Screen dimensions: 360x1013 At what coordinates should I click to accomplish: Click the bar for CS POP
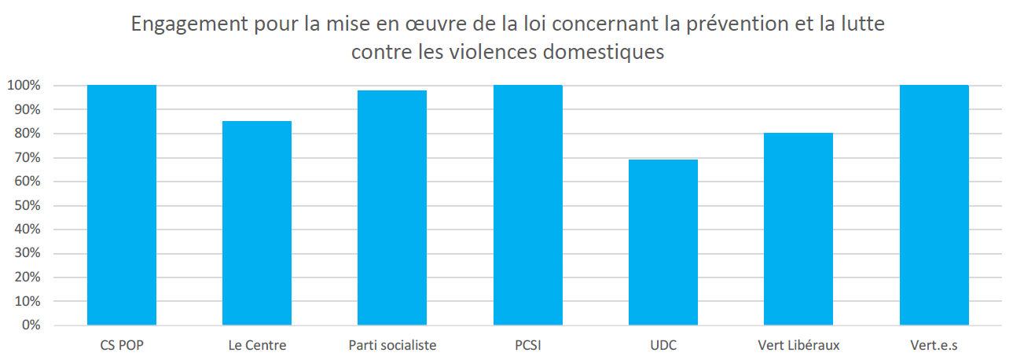(122, 204)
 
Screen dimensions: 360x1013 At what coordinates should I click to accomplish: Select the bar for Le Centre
(257, 223)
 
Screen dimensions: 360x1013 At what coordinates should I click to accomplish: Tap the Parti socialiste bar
(392, 208)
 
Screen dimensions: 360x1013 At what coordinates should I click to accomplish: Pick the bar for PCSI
(528, 204)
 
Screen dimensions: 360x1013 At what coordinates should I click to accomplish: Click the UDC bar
(663, 242)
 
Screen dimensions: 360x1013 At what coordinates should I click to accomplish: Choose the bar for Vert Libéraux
(798, 229)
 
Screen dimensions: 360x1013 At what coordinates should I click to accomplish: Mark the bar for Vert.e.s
(934, 204)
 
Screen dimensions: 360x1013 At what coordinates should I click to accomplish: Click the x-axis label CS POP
(122, 345)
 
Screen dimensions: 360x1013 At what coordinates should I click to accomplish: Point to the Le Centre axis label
(257, 345)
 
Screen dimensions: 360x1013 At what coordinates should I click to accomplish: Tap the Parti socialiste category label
(392, 345)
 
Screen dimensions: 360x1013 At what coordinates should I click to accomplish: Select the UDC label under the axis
(663, 345)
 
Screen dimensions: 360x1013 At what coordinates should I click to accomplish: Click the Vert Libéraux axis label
(798, 345)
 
